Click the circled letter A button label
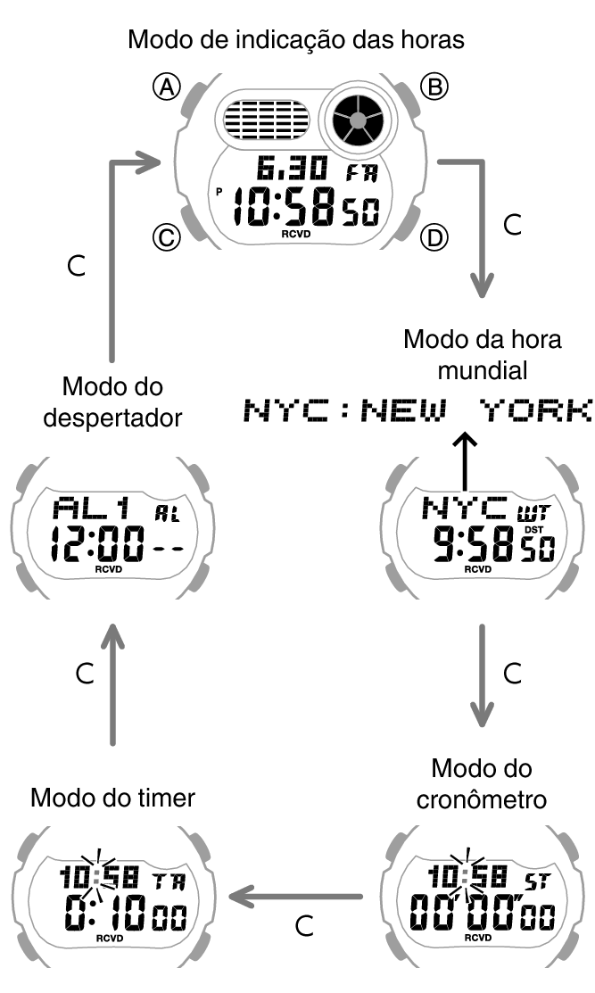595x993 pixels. [167, 86]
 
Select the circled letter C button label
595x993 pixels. [166, 237]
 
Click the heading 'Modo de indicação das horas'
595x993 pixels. [297, 39]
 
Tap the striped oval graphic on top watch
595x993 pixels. [266, 119]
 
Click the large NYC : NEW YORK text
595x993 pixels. [417, 410]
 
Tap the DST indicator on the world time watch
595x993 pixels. [535, 528]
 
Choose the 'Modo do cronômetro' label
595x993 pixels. [482, 782]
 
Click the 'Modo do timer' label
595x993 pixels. [112, 797]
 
